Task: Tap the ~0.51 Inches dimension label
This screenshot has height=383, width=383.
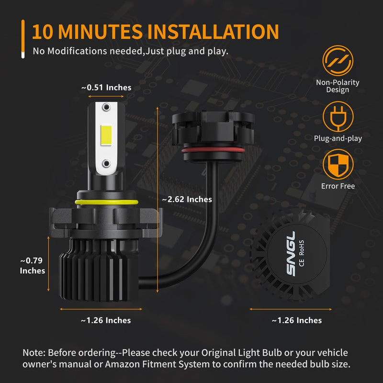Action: [x=106, y=88]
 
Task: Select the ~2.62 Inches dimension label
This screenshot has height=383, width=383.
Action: [x=187, y=199]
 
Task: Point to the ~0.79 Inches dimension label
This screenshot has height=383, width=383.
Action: [x=33, y=266]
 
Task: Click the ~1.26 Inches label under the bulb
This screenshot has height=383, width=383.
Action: [x=105, y=320]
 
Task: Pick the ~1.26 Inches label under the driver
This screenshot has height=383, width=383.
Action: [x=296, y=320]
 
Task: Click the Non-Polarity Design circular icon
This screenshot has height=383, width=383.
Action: [x=338, y=61]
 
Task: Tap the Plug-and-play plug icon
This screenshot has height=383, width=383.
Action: [x=338, y=117]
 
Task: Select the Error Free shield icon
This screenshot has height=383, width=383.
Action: [x=338, y=165]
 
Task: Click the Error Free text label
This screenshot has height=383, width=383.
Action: [x=338, y=186]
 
